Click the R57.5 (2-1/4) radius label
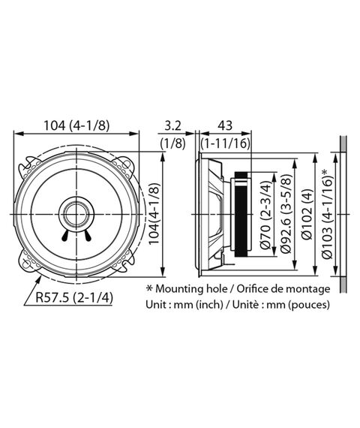click(74, 297)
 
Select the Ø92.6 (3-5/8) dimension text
click(286, 213)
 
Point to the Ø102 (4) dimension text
click(307, 214)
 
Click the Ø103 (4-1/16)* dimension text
click(327, 214)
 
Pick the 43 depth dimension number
click(225, 125)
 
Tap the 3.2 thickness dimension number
click(173, 125)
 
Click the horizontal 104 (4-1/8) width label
click(76, 125)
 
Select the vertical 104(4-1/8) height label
click(154, 214)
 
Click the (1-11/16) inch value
click(225, 143)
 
